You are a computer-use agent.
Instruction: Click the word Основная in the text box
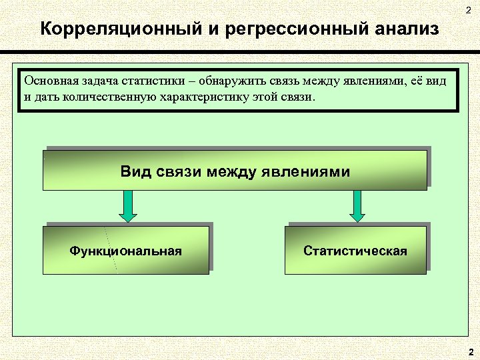49,81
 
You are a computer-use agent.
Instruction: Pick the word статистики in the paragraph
154,81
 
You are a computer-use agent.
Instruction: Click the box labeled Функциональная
125,250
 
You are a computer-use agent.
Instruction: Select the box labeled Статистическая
355,250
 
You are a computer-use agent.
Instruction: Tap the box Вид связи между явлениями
235,170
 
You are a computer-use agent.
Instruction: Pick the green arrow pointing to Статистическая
357,205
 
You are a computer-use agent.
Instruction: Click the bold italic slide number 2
471,351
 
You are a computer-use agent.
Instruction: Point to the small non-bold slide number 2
468,9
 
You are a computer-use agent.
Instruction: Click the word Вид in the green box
137,171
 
